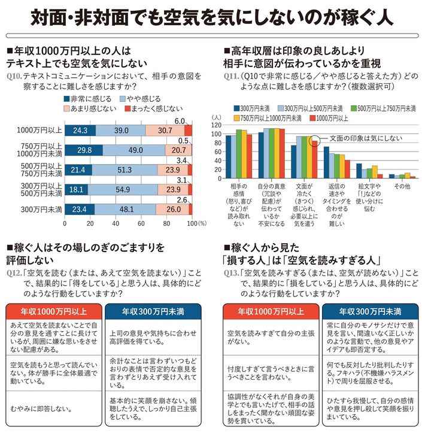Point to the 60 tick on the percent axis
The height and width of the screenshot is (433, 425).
pyautogui.click(x=141, y=223)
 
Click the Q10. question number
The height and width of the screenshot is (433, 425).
pyautogui.click(x=13, y=77)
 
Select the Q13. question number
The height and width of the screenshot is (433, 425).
pyautogui.click(x=231, y=273)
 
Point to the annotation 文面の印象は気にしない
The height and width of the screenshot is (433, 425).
pyautogui.click(x=358, y=140)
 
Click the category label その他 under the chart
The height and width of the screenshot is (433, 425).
pyautogui.click(x=401, y=187)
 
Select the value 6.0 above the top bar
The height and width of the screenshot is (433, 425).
pyautogui.click(x=179, y=121)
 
